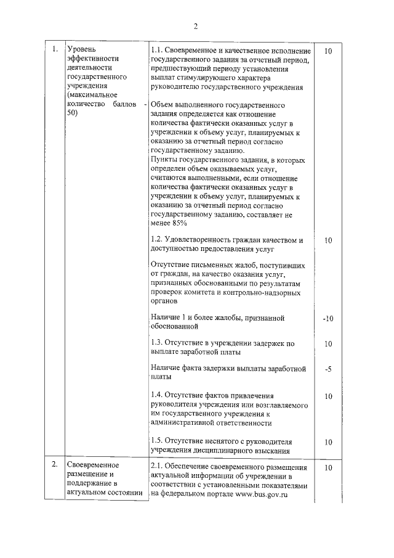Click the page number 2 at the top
pyautogui.click(x=196, y=26)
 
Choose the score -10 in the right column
pyautogui.click(x=328, y=318)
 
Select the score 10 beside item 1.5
pyautogui.click(x=328, y=441)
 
